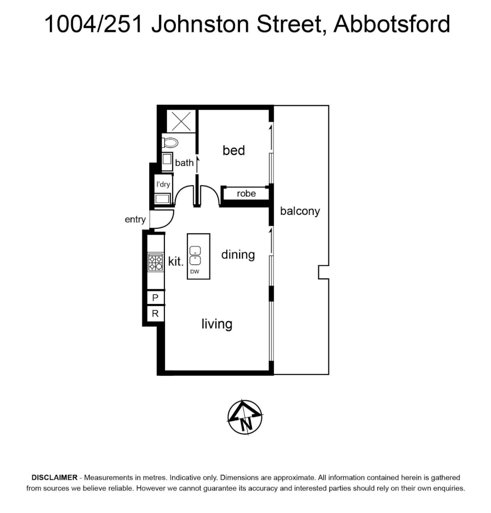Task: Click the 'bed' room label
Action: (234, 151)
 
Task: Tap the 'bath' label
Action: (184, 162)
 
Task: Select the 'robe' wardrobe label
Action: (246, 194)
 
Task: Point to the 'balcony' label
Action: (300, 211)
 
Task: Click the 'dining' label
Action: (238, 255)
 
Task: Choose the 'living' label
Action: (217, 324)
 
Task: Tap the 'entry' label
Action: (135, 219)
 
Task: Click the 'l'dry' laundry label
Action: (163, 184)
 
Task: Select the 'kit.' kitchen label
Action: (176, 261)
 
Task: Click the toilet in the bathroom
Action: (170, 142)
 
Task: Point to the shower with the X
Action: (181, 121)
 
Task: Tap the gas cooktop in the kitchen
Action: (155, 262)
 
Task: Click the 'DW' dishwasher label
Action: (195, 272)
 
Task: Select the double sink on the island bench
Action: (195, 256)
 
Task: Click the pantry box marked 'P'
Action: (155, 297)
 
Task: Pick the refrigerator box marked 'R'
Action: (155, 313)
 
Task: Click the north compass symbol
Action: (245, 417)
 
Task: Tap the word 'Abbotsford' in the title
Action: (392, 24)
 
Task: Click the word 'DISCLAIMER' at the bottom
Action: (54, 477)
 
